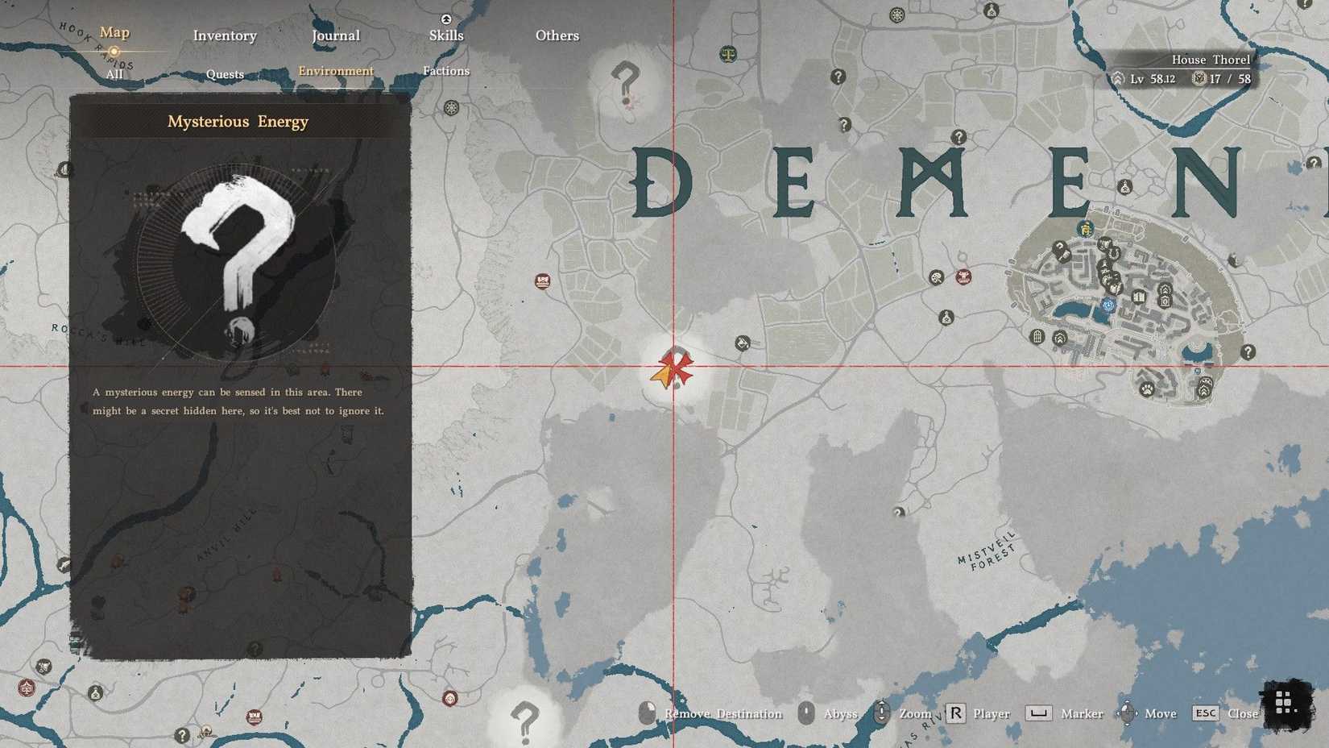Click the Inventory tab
tap(225, 35)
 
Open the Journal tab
tap(336, 35)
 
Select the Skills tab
tap(446, 35)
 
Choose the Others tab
tap(557, 35)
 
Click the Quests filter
tap(225, 74)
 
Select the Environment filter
tap(336, 71)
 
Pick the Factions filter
tap(446, 71)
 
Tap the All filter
tap(114, 74)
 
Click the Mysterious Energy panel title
tap(238, 122)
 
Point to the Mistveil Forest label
tap(987, 553)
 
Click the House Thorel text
tap(1211, 60)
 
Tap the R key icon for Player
tap(955, 713)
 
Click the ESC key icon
tap(1206, 713)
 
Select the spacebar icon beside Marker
tap(1038, 713)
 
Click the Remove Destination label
tap(723, 714)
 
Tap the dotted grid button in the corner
tap(1284, 703)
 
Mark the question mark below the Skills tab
tap(625, 81)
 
